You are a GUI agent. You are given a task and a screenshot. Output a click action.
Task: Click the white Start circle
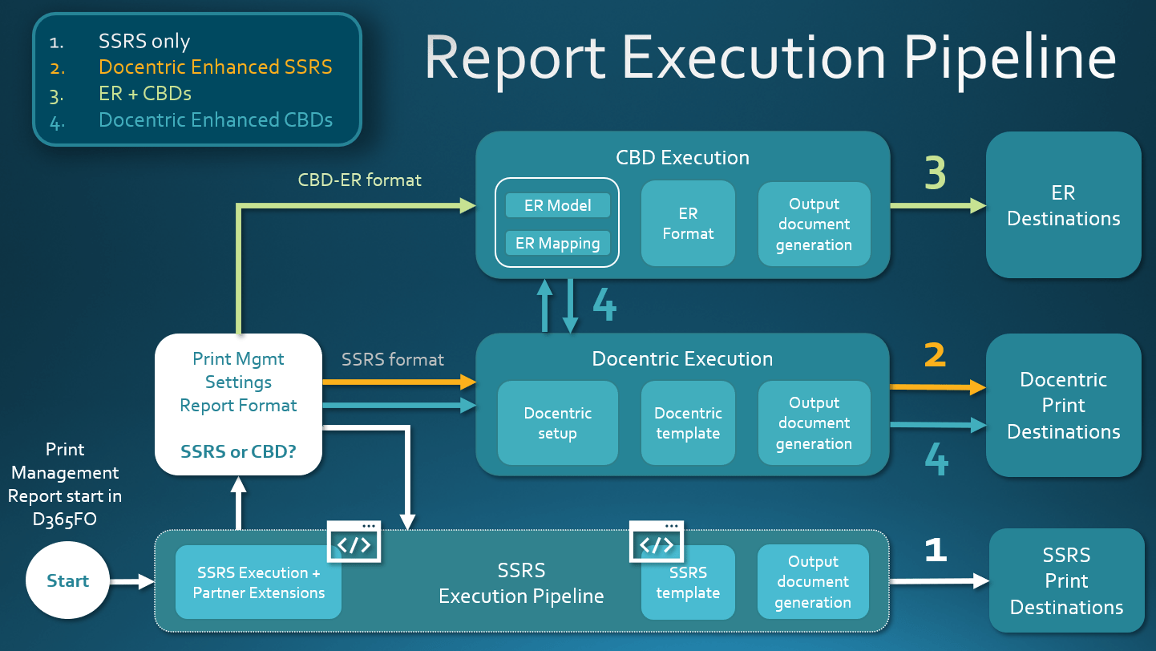tap(67, 580)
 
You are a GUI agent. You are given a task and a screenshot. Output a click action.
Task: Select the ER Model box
tap(557, 205)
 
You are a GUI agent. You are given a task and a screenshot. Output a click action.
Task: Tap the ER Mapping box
tap(557, 243)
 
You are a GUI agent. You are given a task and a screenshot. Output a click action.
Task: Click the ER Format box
tap(688, 223)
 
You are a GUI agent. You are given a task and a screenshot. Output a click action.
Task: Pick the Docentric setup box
tap(557, 423)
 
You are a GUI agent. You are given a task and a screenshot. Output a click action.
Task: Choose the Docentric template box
tap(688, 423)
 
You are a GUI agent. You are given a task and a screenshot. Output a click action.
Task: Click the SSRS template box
tap(688, 582)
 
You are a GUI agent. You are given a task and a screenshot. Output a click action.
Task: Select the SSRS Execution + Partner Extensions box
tap(259, 582)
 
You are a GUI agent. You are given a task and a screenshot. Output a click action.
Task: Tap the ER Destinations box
tap(1063, 205)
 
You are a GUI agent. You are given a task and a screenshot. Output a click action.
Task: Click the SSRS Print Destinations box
tap(1066, 580)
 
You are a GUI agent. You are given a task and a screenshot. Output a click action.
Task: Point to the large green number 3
tap(935, 173)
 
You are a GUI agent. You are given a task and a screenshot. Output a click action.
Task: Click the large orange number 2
tap(935, 355)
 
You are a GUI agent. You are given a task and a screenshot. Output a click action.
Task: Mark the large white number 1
tap(936, 549)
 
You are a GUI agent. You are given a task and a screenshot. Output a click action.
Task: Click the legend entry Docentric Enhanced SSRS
tap(215, 67)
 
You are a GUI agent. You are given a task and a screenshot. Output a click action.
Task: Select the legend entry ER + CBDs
tap(145, 94)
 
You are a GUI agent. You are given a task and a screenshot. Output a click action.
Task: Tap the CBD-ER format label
tap(359, 180)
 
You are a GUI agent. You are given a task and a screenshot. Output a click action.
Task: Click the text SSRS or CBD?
tap(238, 451)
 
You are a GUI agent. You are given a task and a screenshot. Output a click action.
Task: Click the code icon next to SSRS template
tap(657, 541)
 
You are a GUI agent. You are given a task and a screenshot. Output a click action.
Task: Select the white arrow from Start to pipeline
tap(132, 582)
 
